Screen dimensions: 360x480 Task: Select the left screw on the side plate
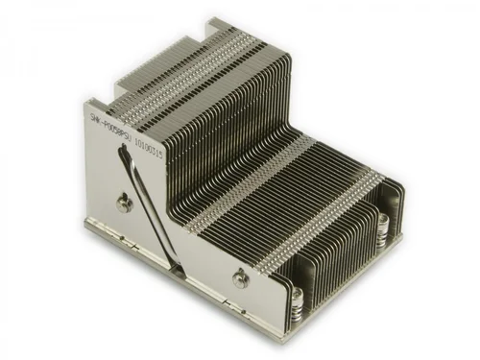123,203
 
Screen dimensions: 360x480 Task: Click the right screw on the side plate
236,277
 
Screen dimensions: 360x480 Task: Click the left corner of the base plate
85,222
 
